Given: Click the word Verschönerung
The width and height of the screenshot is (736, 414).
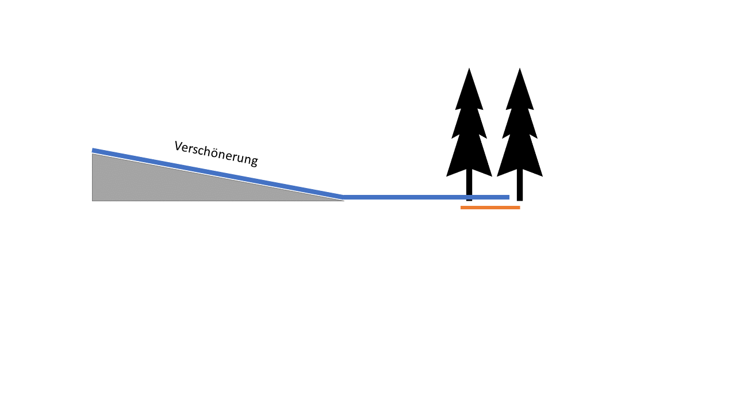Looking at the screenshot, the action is (216, 154).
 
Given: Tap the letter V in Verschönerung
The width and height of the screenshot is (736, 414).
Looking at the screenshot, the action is (178, 146).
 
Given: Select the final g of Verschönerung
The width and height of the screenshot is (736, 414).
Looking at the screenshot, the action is (254, 161).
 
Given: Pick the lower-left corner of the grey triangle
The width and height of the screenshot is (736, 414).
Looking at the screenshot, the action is (93, 201).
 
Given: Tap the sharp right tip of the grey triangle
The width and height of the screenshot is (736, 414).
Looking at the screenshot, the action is (344, 201).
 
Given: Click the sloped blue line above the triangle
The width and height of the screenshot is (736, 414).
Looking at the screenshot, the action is (218, 174).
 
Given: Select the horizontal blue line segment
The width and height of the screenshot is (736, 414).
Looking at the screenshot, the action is (426, 197).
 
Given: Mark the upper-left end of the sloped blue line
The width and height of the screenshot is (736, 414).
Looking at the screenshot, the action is (93, 150).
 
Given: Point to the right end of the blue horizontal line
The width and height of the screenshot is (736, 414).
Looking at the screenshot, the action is (509, 197).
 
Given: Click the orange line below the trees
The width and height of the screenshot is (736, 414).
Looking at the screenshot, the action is (490, 208).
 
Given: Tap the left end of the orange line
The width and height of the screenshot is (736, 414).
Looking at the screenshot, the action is (461, 208).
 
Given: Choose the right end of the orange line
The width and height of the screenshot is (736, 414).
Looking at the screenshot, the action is (520, 208).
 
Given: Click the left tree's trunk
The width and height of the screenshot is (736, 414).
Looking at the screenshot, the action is (469, 185).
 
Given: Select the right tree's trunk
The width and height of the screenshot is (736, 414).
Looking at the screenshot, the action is (519, 185).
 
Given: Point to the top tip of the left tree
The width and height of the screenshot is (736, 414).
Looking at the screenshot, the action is (469, 68).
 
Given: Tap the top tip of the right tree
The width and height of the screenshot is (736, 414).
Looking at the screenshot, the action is (519, 68).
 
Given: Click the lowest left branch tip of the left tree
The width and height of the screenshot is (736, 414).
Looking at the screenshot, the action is (446, 177).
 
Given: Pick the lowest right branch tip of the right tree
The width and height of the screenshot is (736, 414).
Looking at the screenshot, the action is (542, 177).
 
